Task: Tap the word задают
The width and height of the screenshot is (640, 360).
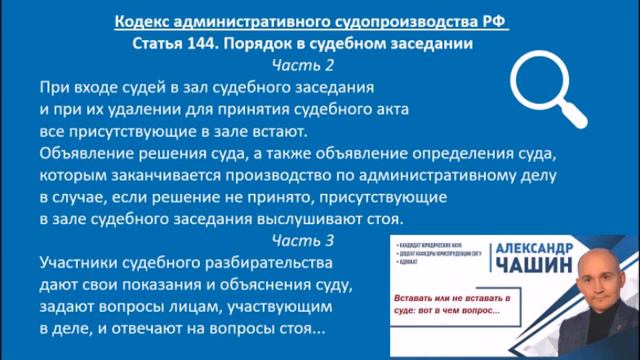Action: point(71,307)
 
